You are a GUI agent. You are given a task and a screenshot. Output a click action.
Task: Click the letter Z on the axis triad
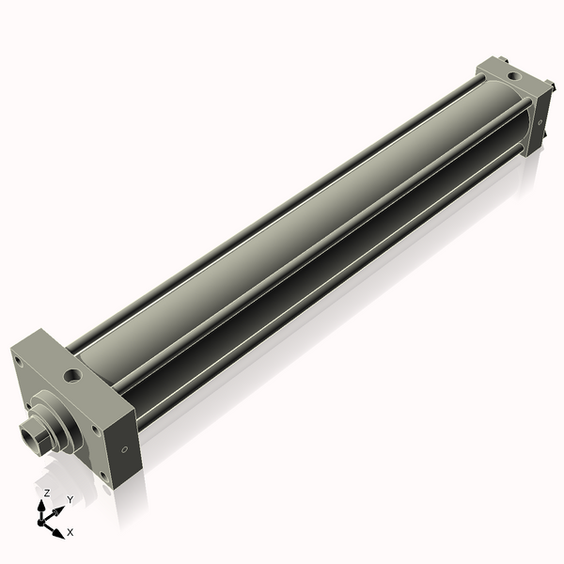pos(46,493)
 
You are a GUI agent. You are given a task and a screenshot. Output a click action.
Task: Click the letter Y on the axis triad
pos(68,498)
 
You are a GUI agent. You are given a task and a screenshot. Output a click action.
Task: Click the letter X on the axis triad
pos(70,532)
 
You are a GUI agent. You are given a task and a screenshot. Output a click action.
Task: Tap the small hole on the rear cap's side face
pos(540,121)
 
